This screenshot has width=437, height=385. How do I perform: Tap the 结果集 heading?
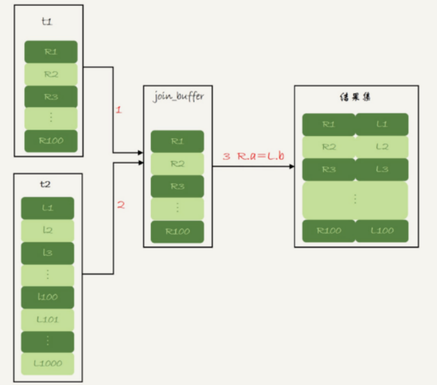356,99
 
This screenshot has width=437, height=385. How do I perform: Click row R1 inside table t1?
51,52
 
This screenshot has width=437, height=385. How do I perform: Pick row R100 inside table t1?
51,141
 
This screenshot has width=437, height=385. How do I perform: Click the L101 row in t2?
47,319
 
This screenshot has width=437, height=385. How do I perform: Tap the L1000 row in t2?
47,364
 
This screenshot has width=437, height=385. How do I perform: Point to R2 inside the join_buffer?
177,164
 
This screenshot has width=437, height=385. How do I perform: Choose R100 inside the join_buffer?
177,231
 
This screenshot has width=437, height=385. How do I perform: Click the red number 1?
119,111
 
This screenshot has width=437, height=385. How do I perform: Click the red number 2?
121,205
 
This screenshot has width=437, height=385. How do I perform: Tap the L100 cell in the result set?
382,231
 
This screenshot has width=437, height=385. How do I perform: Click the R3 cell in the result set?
329,169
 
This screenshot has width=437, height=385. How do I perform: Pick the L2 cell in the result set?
382,147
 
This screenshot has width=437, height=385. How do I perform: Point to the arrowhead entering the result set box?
292,166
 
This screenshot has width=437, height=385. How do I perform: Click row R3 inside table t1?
51,97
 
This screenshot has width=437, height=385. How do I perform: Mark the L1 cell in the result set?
382,124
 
